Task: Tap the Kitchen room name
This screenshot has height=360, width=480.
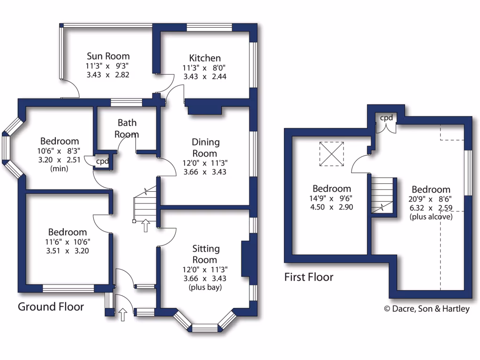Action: click(x=205, y=58)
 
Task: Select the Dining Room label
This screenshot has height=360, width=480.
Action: click(x=205, y=147)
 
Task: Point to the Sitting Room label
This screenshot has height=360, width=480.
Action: click(x=205, y=254)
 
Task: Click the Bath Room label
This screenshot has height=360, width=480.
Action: click(x=127, y=128)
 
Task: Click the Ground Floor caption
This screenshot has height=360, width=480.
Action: click(x=51, y=307)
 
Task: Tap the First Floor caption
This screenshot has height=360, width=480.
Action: click(x=309, y=277)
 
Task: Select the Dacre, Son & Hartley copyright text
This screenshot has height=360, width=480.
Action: click(x=427, y=309)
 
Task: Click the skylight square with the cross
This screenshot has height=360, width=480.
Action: click(x=331, y=154)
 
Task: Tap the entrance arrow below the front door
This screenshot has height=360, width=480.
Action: click(x=123, y=315)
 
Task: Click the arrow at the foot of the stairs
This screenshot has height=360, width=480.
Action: click(x=145, y=225)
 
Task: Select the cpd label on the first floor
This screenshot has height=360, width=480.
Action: click(x=386, y=118)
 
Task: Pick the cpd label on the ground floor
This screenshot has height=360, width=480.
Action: click(x=103, y=161)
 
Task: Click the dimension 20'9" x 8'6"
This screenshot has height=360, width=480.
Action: click(x=431, y=199)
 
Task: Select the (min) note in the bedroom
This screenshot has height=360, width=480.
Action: click(x=60, y=168)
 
